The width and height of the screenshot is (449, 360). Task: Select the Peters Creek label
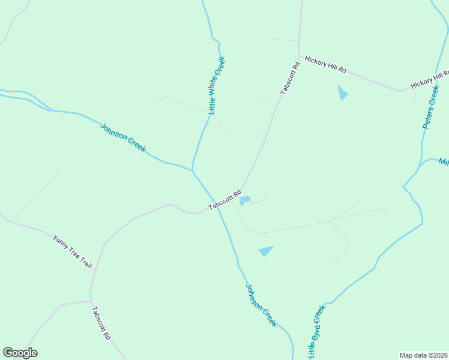tap(431, 107)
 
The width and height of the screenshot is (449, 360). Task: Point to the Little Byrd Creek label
tap(316, 332)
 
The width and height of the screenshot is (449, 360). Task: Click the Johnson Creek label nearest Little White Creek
tap(122, 138)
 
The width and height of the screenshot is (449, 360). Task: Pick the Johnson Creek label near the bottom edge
tap(261, 305)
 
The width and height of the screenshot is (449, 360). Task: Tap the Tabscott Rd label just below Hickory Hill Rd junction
tap(289, 79)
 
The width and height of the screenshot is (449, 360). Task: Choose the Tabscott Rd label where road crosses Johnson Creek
tap(224, 200)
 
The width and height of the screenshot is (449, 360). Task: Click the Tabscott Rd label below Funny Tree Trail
tap(101, 323)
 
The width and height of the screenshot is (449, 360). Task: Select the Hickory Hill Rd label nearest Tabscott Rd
tap(325, 65)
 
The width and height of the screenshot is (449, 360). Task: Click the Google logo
tap(20, 353)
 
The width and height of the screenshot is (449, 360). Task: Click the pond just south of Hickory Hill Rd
tap(343, 93)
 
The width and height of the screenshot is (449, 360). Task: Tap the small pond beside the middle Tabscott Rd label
tap(245, 200)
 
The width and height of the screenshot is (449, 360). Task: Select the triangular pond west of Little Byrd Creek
tap(266, 251)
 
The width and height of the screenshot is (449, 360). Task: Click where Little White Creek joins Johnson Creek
tap(193, 169)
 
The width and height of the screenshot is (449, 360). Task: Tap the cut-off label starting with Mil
tap(444, 162)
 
